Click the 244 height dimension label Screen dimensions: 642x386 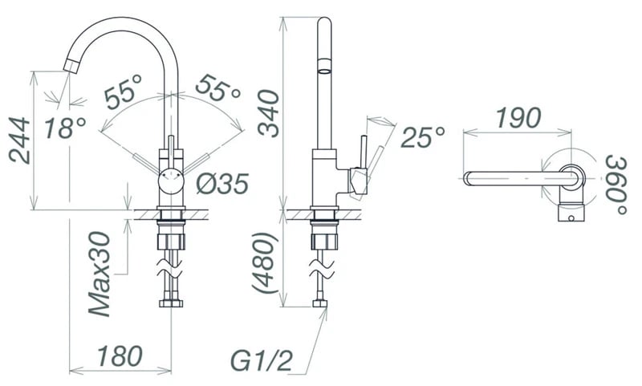point(19,140)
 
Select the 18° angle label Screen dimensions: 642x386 point(65,128)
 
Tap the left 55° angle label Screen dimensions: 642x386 point(124,92)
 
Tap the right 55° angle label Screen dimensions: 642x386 point(217,88)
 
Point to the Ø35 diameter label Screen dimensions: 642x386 point(222,184)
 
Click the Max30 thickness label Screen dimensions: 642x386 point(100,274)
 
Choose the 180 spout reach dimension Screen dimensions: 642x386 point(120,356)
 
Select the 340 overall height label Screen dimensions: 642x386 point(269,113)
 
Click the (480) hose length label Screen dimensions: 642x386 point(265,262)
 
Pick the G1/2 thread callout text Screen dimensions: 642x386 point(262,360)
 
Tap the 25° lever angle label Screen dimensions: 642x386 point(423,137)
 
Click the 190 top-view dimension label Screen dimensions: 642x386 point(518,117)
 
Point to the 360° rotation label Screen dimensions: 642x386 point(616,185)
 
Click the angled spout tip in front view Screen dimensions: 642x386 point(72,66)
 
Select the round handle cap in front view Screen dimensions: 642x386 point(172,180)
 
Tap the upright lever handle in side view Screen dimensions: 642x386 point(363,152)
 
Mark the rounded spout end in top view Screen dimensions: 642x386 point(468,179)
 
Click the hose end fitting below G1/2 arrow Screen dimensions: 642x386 point(320,303)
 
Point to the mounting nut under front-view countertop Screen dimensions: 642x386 point(172,242)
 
